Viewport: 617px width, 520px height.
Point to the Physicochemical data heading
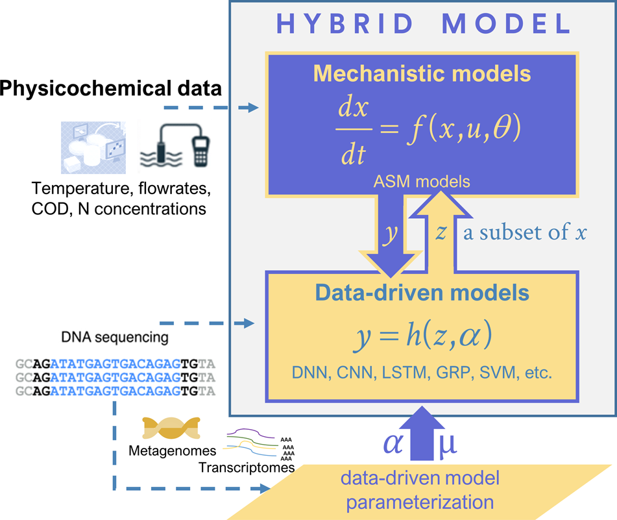pos(110,88)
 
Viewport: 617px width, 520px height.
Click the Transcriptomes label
pos(247,467)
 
